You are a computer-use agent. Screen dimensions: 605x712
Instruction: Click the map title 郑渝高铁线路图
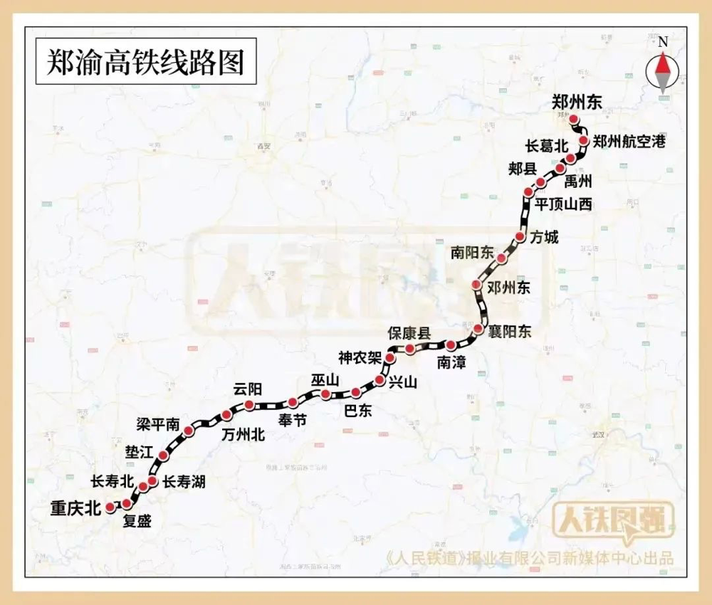click(145, 63)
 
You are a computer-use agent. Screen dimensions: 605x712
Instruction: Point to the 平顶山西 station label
click(563, 204)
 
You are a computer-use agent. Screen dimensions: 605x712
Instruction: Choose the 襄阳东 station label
click(510, 332)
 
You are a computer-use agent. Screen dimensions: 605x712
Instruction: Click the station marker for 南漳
click(451, 345)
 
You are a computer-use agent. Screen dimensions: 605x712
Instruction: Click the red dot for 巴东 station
click(355, 393)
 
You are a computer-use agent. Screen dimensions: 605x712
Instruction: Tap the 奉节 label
click(293, 420)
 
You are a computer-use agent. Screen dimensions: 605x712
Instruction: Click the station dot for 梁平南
click(188, 431)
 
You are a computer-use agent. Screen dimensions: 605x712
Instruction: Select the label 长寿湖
click(184, 482)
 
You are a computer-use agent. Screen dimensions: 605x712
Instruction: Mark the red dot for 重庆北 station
click(110, 507)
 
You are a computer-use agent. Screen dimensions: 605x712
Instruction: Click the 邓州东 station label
click(509, 288)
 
